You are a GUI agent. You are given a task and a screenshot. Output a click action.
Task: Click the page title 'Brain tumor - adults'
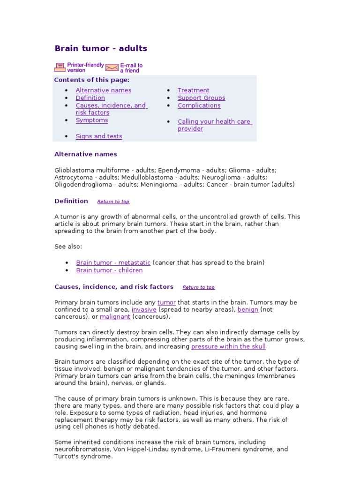tap(101, 48)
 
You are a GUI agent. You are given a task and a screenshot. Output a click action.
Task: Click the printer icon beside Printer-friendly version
tap(60, 67)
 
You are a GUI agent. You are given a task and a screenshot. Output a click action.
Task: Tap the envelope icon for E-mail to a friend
tap(112, 67)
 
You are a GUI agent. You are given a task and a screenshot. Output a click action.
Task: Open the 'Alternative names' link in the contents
tap(103, 90)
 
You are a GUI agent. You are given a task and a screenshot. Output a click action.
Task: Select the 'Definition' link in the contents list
tap(90, 98)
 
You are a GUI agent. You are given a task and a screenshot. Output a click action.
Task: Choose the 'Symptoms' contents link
tap(91, 120)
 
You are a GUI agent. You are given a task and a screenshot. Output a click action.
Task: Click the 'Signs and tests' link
tap(98, 136)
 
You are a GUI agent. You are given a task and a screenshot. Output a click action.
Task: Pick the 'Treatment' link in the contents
tap(193, 90)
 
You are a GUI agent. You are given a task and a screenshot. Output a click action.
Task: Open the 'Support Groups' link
tap(201, 98)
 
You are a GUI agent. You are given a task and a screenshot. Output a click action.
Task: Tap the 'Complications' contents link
tap(199, 105)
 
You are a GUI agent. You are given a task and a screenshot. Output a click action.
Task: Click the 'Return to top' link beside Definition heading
tap(113, 202)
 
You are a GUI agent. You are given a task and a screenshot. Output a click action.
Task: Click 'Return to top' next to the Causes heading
tap(198, 287)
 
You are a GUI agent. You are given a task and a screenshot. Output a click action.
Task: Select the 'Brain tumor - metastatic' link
tap(113, 263)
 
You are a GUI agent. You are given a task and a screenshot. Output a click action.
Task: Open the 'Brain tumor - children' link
tap(109, 270)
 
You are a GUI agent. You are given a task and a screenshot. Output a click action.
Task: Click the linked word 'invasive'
tap(143, 310)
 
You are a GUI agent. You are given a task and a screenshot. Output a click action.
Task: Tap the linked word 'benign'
tap(247, 310)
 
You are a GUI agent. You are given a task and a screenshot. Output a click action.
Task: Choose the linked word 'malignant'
tap(115, 317)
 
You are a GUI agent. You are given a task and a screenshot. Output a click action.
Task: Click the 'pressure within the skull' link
tap(228, 346)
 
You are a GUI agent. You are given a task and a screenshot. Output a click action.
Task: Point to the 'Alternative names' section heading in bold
tap(85, 154)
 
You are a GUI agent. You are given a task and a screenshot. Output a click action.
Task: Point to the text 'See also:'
tap(68, 247)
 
